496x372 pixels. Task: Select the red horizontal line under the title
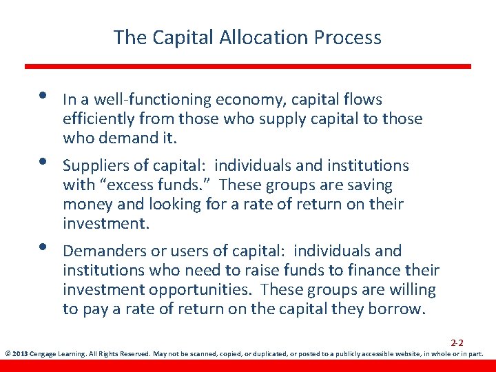click(248, 67)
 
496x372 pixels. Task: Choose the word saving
click(369, 185)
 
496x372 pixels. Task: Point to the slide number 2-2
click(457, 342)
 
